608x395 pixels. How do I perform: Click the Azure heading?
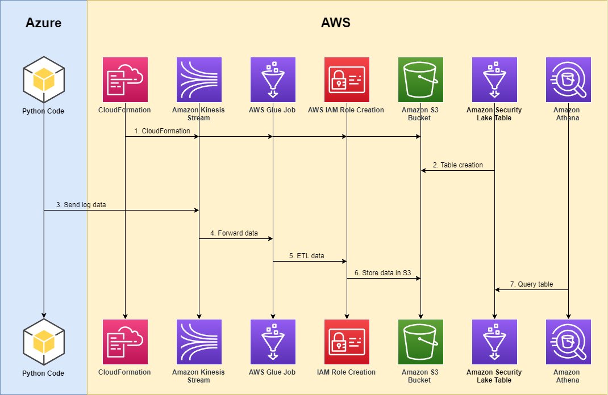pyautogui.click(x=44, y=23)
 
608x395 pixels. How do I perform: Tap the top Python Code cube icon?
pyautogui.click(x=44, y=80)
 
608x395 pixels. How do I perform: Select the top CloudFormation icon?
pyautogui.click(x=125, y=79)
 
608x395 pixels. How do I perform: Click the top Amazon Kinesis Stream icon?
pyautogui.click(x=199, y=79)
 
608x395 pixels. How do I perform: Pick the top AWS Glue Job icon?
pyautogui.click(x=273, y=79)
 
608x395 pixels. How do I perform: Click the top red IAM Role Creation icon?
pyautogui.click(x=347, y=79)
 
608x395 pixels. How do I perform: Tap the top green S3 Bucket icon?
pyautogui.click(x=420, y=79)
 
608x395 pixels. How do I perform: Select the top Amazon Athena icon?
pyautogui.click(x=568, y=79)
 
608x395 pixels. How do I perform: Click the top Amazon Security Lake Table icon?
pyautogui.click(x=494, y=79)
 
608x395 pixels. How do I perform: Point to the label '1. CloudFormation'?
pyautogui.click(x=162, y=131)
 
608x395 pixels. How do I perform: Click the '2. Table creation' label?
pyautogui.click(x=458, y=165)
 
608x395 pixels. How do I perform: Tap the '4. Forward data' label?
pyautogui.click(x=234, y=233)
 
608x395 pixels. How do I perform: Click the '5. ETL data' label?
pyautogui.click(x=306, y=256)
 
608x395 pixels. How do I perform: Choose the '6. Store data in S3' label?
pyautogui.click(x=382, y=273)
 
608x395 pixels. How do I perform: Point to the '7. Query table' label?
pyautogui.click(x=531, y=284)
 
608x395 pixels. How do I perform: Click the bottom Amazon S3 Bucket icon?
pyautogui.click(x=420, y=342)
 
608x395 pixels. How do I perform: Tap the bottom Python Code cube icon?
pyautogui.click(x=44, y=342)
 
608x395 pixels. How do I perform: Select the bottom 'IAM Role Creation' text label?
pyautogui.click(x=347, y=372)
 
